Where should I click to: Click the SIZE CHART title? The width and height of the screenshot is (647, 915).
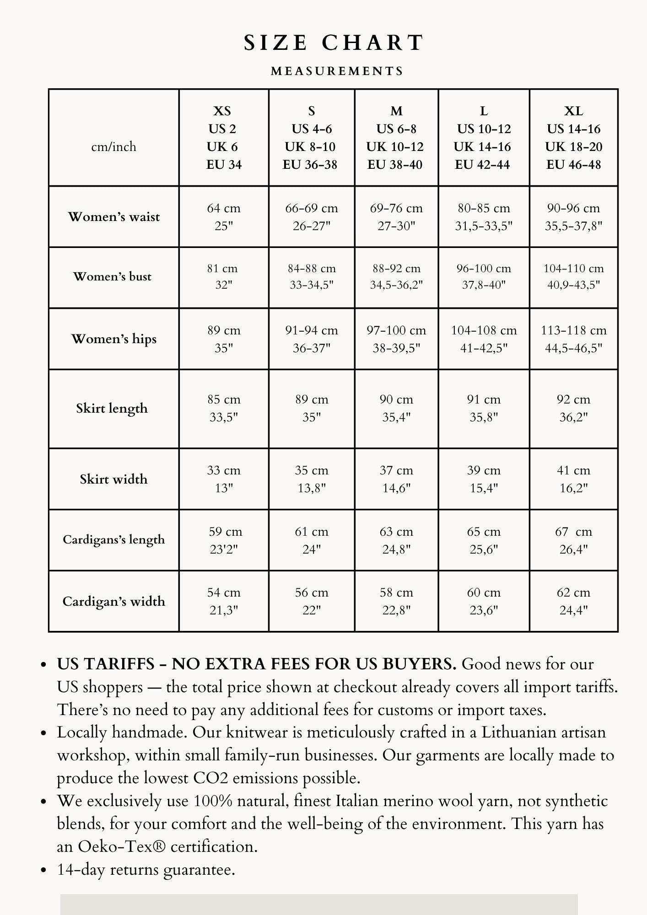pos(334,43)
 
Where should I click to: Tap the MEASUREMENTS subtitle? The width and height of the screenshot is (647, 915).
pos(337,71)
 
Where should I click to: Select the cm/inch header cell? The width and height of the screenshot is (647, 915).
pos(114,147)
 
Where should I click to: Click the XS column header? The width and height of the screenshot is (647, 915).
pos(223,138)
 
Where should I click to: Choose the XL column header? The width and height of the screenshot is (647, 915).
pos(573,138)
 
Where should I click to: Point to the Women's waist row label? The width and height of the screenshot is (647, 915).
pos(114,217)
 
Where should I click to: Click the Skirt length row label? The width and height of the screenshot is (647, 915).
pos(112,408)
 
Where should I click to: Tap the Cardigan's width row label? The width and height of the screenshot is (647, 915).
pos(114,601)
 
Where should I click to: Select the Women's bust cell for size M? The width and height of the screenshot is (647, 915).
pos(396,277)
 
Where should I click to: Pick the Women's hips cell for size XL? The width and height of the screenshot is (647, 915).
pos(573,339)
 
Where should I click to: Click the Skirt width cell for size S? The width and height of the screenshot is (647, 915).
pos(312,479)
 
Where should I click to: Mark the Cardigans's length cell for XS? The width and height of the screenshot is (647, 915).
pos(224,540)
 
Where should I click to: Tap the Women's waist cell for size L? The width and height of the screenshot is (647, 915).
pos(484,217)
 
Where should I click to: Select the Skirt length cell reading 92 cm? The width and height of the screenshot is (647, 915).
pos(573,408)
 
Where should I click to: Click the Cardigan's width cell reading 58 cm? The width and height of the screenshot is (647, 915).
pos(396,601)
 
